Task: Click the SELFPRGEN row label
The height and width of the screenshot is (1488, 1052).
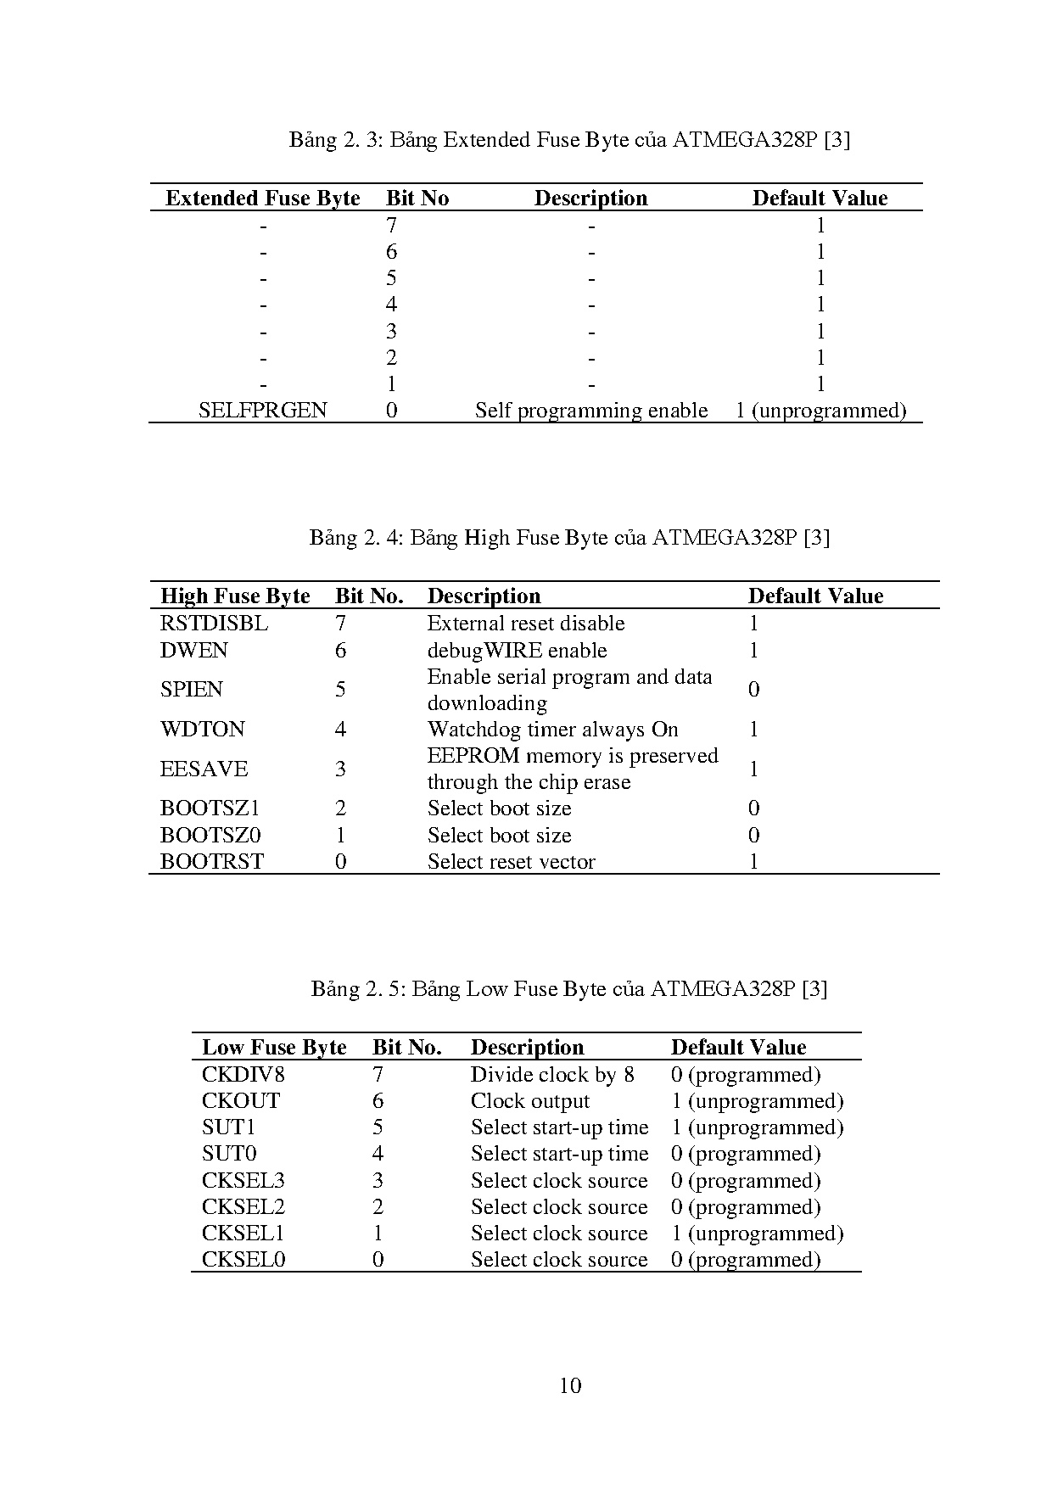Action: tap(262, 411)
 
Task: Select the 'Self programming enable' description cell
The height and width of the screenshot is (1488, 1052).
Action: tap(590, 411)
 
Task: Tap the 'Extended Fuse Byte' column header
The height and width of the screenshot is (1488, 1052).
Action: tap(262, 199)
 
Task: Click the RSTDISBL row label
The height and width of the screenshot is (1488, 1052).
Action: tap(214, 624)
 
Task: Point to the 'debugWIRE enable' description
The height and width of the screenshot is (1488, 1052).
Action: tap(517, 651)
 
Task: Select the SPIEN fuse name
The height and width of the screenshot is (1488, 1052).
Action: tap(191, 689)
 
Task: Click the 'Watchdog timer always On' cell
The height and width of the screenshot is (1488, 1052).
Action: tap(552, 730)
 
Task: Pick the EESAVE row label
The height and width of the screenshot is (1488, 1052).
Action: tap(204, 769)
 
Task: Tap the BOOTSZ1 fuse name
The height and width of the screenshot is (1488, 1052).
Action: tap(210, 808)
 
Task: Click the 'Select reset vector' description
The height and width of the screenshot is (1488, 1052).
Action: tap(511, 862)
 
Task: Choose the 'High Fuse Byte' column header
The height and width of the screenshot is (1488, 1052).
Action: tap(235, 596)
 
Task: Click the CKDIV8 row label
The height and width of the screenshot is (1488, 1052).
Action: tap(243, 1075)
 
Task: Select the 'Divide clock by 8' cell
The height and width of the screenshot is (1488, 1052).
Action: tap(552, 1075)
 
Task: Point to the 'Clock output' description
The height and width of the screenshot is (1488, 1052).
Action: tap(529, 1101)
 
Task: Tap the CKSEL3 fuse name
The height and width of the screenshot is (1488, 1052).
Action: tap(243, 1181)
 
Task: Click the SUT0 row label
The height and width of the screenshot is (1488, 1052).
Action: tap(229, 1154)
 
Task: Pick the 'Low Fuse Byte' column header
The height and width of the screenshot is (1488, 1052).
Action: tap(274, 1048)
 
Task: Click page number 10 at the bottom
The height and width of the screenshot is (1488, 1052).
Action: tap(570, 1386)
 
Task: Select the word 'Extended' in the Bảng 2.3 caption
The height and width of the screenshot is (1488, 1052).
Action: tap(486, 140)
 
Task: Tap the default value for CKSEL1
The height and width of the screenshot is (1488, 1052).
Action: tap(757, 1233)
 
